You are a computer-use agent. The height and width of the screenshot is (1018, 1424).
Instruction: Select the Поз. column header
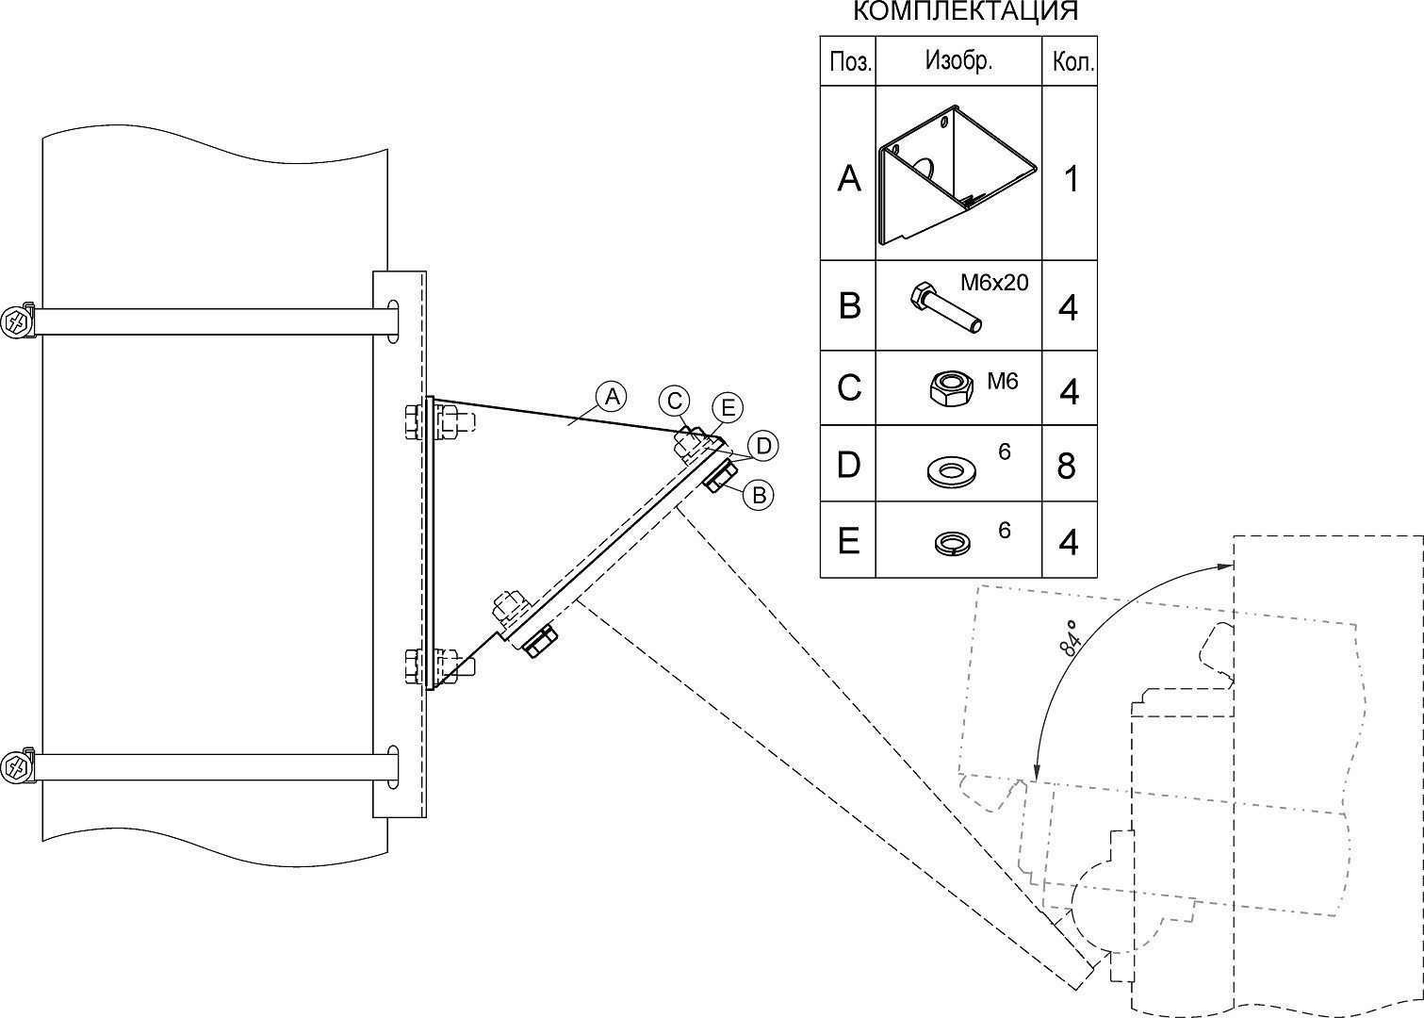[849, 62]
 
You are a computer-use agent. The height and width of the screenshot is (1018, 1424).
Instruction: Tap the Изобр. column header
[958, 61]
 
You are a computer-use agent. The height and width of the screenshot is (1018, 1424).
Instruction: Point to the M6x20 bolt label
[994, 282]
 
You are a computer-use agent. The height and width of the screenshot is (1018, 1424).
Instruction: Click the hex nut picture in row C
[949, 388]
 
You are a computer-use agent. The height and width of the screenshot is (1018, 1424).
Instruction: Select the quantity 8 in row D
[1067, 466]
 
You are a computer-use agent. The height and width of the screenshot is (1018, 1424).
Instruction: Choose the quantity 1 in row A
[1070, 179]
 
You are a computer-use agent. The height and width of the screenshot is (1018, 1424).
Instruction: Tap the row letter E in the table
[848, 541]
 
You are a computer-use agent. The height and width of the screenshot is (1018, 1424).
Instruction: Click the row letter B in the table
[848, 306]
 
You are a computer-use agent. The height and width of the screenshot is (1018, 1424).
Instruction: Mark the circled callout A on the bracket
[612, 397]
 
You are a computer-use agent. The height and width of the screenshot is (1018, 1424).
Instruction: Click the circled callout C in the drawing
[674, 401]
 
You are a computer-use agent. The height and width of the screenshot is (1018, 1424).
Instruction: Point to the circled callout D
[761, 446]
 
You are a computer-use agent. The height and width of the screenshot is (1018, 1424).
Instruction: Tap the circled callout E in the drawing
[727, 408]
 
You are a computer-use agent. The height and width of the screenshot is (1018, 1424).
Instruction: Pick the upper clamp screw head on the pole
[17, 321]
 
